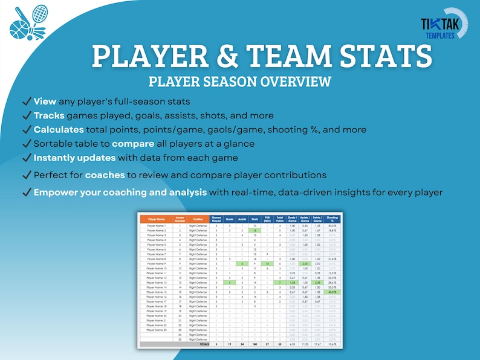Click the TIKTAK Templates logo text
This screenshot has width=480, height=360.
pos(438,27)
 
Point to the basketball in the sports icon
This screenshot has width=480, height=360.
pos(20,28)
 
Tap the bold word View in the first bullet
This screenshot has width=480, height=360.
pos(45,101)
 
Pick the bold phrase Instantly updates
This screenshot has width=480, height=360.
pos(74,158)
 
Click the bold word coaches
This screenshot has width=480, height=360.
pos(105,175)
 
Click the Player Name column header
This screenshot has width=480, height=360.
pos(156,219)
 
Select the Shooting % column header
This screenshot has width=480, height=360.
pos(332,219)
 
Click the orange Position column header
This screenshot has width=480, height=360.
pos(198,219)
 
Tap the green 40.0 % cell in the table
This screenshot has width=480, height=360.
pos(332,292)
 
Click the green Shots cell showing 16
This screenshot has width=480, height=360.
pos(255,231)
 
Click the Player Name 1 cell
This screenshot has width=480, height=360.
pos(156,225)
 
